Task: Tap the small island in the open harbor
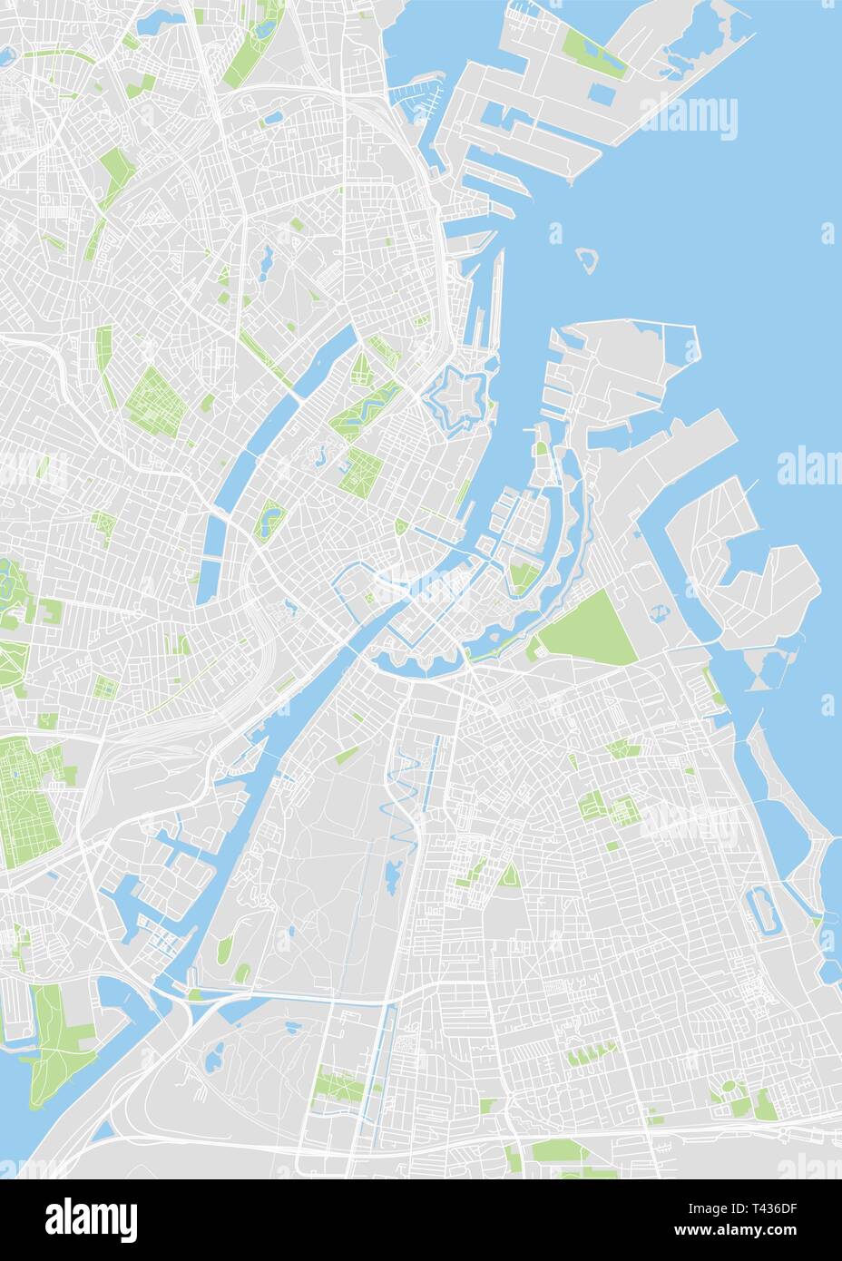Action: click(589, 259)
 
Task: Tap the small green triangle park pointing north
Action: click(510, 875)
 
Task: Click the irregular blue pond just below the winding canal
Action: click(392, 875)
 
